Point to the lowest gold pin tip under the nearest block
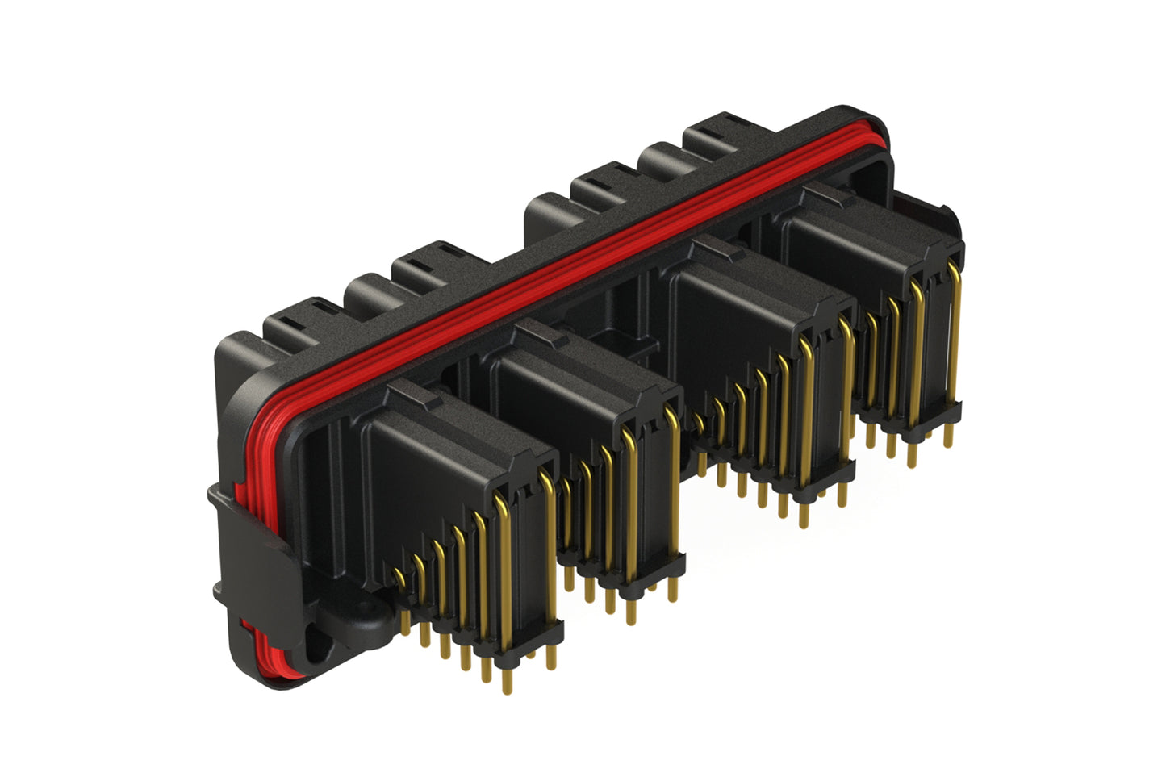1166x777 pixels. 507,687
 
